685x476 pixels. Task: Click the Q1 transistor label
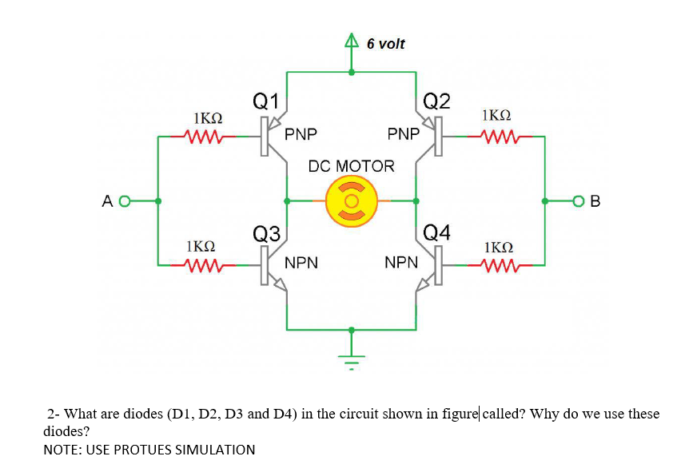click(265, 101)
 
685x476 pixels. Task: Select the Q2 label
click(437, 101)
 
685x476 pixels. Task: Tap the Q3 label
click(266, 233)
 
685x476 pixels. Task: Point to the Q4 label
click(437, 233)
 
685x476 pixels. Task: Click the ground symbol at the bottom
click(351, 359)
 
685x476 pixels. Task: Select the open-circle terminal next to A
click(124, 201)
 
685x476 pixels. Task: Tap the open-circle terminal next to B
click(579, 201)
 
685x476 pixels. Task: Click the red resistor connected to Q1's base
click(207, 137)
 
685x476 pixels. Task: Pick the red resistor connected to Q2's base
click(496, 137)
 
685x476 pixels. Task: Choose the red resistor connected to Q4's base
click(496, 264)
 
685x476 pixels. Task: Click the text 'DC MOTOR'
click(351, 166)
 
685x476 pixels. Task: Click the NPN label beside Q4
click(401, 261)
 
